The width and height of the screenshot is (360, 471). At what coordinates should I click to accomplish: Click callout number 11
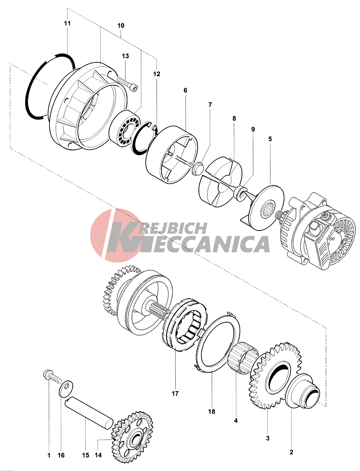[x=67, y=23]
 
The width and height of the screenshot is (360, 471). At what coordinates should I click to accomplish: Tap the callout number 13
[x=125, y=56]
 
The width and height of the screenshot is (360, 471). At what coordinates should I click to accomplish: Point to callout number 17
[x=175, y=393]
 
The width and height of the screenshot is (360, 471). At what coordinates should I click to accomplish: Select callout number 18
[x=212, y=411]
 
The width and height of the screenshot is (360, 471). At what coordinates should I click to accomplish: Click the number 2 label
[x=291, y=452]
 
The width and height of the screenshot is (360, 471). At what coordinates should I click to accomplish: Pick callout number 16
[x=61, y=455]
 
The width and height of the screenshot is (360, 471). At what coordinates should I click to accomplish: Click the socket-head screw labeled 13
[x=127, y=84]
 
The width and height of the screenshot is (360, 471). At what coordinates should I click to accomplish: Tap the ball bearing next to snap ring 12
[x=125, y=128]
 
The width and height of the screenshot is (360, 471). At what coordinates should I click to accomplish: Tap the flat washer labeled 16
[x=66, y=388]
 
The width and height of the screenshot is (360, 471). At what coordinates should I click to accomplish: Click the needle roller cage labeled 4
[x=243, y=358]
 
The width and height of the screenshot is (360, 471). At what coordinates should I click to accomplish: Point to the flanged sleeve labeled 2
[x=302, y=391]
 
